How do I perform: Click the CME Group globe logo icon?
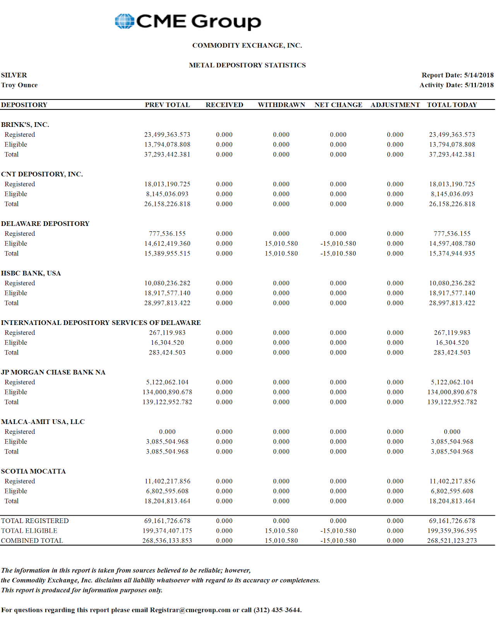click(125, 21)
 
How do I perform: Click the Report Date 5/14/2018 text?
click(457, 75)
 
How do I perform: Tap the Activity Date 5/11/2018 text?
click(456, 85)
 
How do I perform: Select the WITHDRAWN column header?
click(281, 105)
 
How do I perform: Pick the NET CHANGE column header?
click(338, 105)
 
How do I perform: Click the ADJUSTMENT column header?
click(395, 105)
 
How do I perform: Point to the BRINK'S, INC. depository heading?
click(25, 125)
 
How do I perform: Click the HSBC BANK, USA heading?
click(31, 273)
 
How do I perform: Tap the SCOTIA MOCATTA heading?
click(33, 471)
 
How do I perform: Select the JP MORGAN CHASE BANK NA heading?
click(53, 372)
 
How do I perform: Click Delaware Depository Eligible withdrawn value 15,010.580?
click(281, 244)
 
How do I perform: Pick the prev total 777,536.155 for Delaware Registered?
click(167, 234)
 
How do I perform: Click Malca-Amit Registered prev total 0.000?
click(167, 432)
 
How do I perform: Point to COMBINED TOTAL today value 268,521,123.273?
click(452, 541)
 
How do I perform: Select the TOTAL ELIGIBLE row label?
click(29, 531)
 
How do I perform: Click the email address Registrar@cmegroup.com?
click(190, 610)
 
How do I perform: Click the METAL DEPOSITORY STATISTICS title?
click(247, 65)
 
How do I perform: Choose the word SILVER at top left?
click(14, 75)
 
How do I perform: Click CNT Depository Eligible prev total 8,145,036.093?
click(167, 194)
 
